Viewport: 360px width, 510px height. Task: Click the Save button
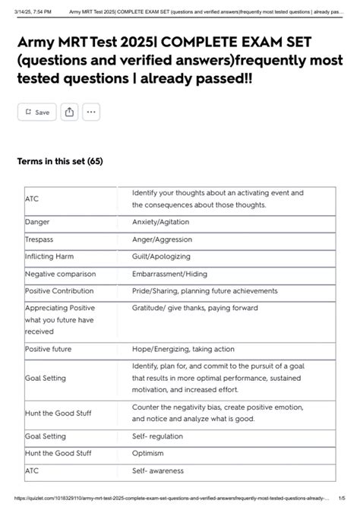tap(36, 112)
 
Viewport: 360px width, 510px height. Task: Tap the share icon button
tap(69, 112)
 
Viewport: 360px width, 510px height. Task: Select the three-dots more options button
tap(91, 112)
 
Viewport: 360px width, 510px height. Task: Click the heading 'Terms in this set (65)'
tap(60, 161)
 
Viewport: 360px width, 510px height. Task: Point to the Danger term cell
tap(37, 222)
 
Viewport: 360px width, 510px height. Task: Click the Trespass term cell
tap(39, 239)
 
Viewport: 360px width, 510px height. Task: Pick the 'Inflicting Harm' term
tap(49, 256)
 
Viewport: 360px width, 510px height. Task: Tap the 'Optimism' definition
tap(149, 454)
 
